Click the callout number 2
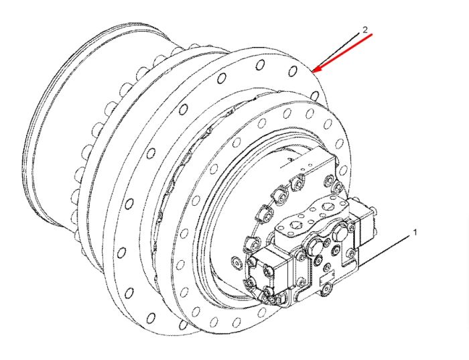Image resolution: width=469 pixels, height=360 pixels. click(x=364, y=30)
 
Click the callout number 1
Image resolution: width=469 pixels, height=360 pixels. click(x=415, y=232)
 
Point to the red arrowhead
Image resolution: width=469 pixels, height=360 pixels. click(x=316, y=70)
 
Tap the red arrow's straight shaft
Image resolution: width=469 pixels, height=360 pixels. click(x=344, y=52)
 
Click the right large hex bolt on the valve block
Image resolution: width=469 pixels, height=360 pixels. click(x=340, y=228)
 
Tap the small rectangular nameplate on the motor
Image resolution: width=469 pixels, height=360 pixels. click(x=327, y=278)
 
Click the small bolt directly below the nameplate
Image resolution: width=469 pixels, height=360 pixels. click(x=327, y=288)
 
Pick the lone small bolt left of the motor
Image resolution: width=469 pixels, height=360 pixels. click(x=237, y=262)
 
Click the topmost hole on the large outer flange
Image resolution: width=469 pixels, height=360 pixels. click(x=261, y=64)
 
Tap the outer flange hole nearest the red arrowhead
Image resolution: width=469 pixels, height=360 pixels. click(x=293, y=71)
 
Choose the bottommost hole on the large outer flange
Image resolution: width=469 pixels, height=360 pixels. click(x=151, y=317)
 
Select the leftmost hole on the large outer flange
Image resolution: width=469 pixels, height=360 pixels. click(x=121, y=253)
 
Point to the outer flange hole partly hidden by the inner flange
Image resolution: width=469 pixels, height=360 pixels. click(x=315, y=96)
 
